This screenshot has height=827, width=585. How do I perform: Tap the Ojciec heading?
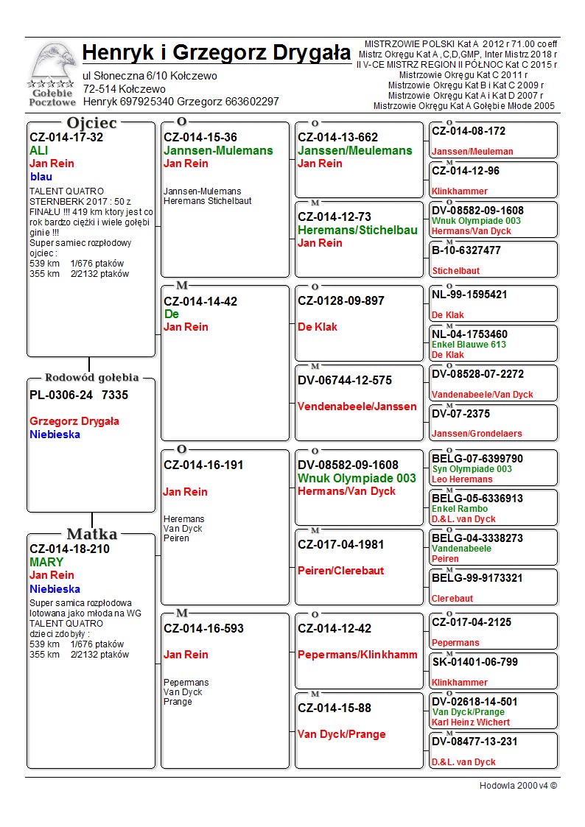point(91,123)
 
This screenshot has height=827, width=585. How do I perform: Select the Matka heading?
point(92,534)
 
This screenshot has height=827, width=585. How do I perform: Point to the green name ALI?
point(38,150)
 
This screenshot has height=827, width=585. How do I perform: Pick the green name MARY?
point(46,562)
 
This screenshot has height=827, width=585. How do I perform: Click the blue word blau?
point(41,177)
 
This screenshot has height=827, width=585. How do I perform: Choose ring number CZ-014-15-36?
point(200,137)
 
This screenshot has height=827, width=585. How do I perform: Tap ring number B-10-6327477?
point(466,250)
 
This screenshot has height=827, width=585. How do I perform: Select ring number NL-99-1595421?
point(469,295)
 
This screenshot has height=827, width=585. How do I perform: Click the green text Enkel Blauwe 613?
point(469,345)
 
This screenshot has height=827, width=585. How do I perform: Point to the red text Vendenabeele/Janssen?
point(357,406)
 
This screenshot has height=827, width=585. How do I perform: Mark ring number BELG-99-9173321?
point(477,578)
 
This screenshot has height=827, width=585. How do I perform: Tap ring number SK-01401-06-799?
point(474,662)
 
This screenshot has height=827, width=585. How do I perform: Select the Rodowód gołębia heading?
point(91,378)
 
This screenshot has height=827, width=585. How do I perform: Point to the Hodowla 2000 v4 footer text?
point(518,785)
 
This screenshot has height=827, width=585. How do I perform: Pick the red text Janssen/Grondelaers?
point(477,434)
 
